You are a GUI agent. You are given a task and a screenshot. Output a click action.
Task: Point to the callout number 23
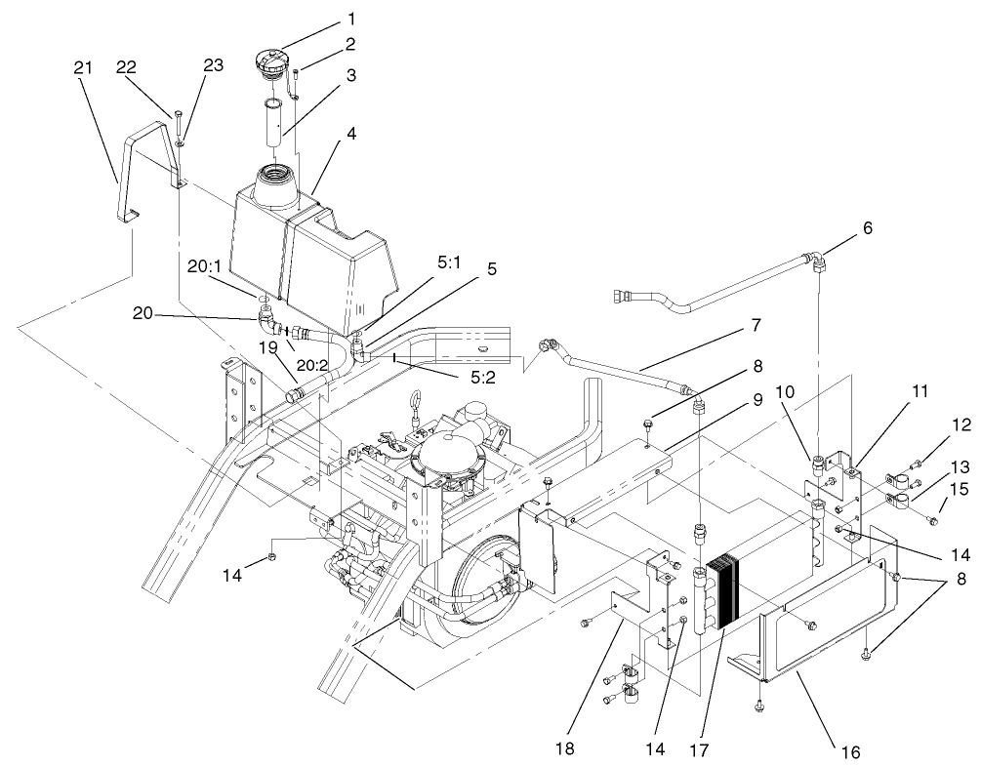click(x=214, y=65)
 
